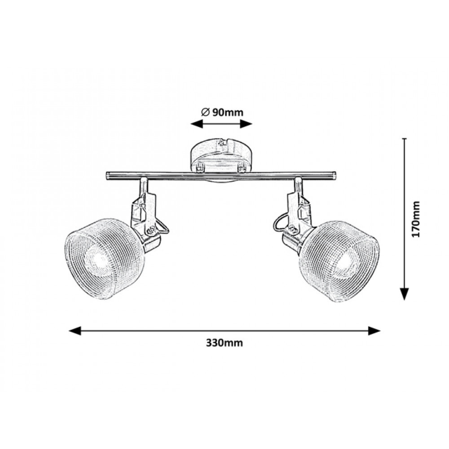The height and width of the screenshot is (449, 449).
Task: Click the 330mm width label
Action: (x=224, y=343)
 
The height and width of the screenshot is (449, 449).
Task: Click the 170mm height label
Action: (x=415, y=219)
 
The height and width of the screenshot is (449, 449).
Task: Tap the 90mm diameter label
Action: (x=228, y=113)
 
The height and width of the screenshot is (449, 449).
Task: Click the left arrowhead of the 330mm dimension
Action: (x=75, y=331)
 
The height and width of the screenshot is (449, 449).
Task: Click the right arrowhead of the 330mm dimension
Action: (x=374, y=331)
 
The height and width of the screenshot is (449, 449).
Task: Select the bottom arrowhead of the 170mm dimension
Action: (x=404, y=294)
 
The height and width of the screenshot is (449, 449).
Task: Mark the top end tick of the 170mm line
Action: (x=404, y=139)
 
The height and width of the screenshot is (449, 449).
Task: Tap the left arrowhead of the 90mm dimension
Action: (x=197, y=124)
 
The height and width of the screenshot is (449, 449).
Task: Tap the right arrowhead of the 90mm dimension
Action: (x=246, y=124)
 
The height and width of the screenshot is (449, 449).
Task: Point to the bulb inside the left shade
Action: (x=99, y=260)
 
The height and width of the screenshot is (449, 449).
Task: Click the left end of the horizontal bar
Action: (x=107, y=176)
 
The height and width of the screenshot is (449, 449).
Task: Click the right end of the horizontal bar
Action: (x=334, y=176)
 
